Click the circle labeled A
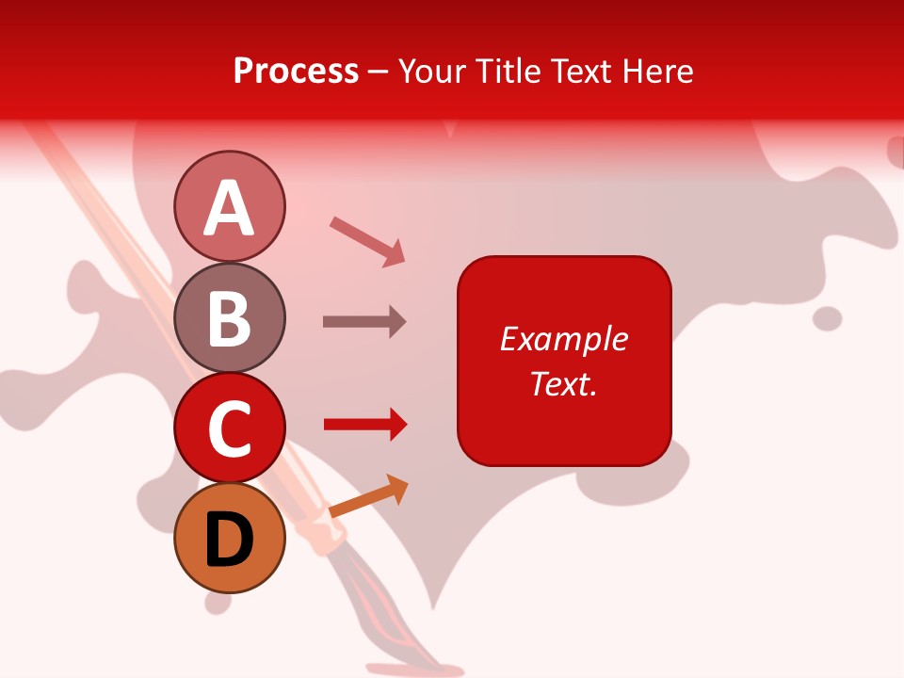(x=229, y=206)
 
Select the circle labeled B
(x=229, y=317)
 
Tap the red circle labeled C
(x=229, y=428)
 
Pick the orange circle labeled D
(x=229, y=538)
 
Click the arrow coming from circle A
(x=368, y=240)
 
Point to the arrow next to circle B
(x=364, y=321)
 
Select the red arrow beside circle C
(x=365, y=425)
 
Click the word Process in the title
(x=296, y=71)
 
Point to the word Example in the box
(x=563, y=339)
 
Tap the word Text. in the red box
(x=563, y=383)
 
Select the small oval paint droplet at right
(x=827, y=318)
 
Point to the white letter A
(x=229, y=208)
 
